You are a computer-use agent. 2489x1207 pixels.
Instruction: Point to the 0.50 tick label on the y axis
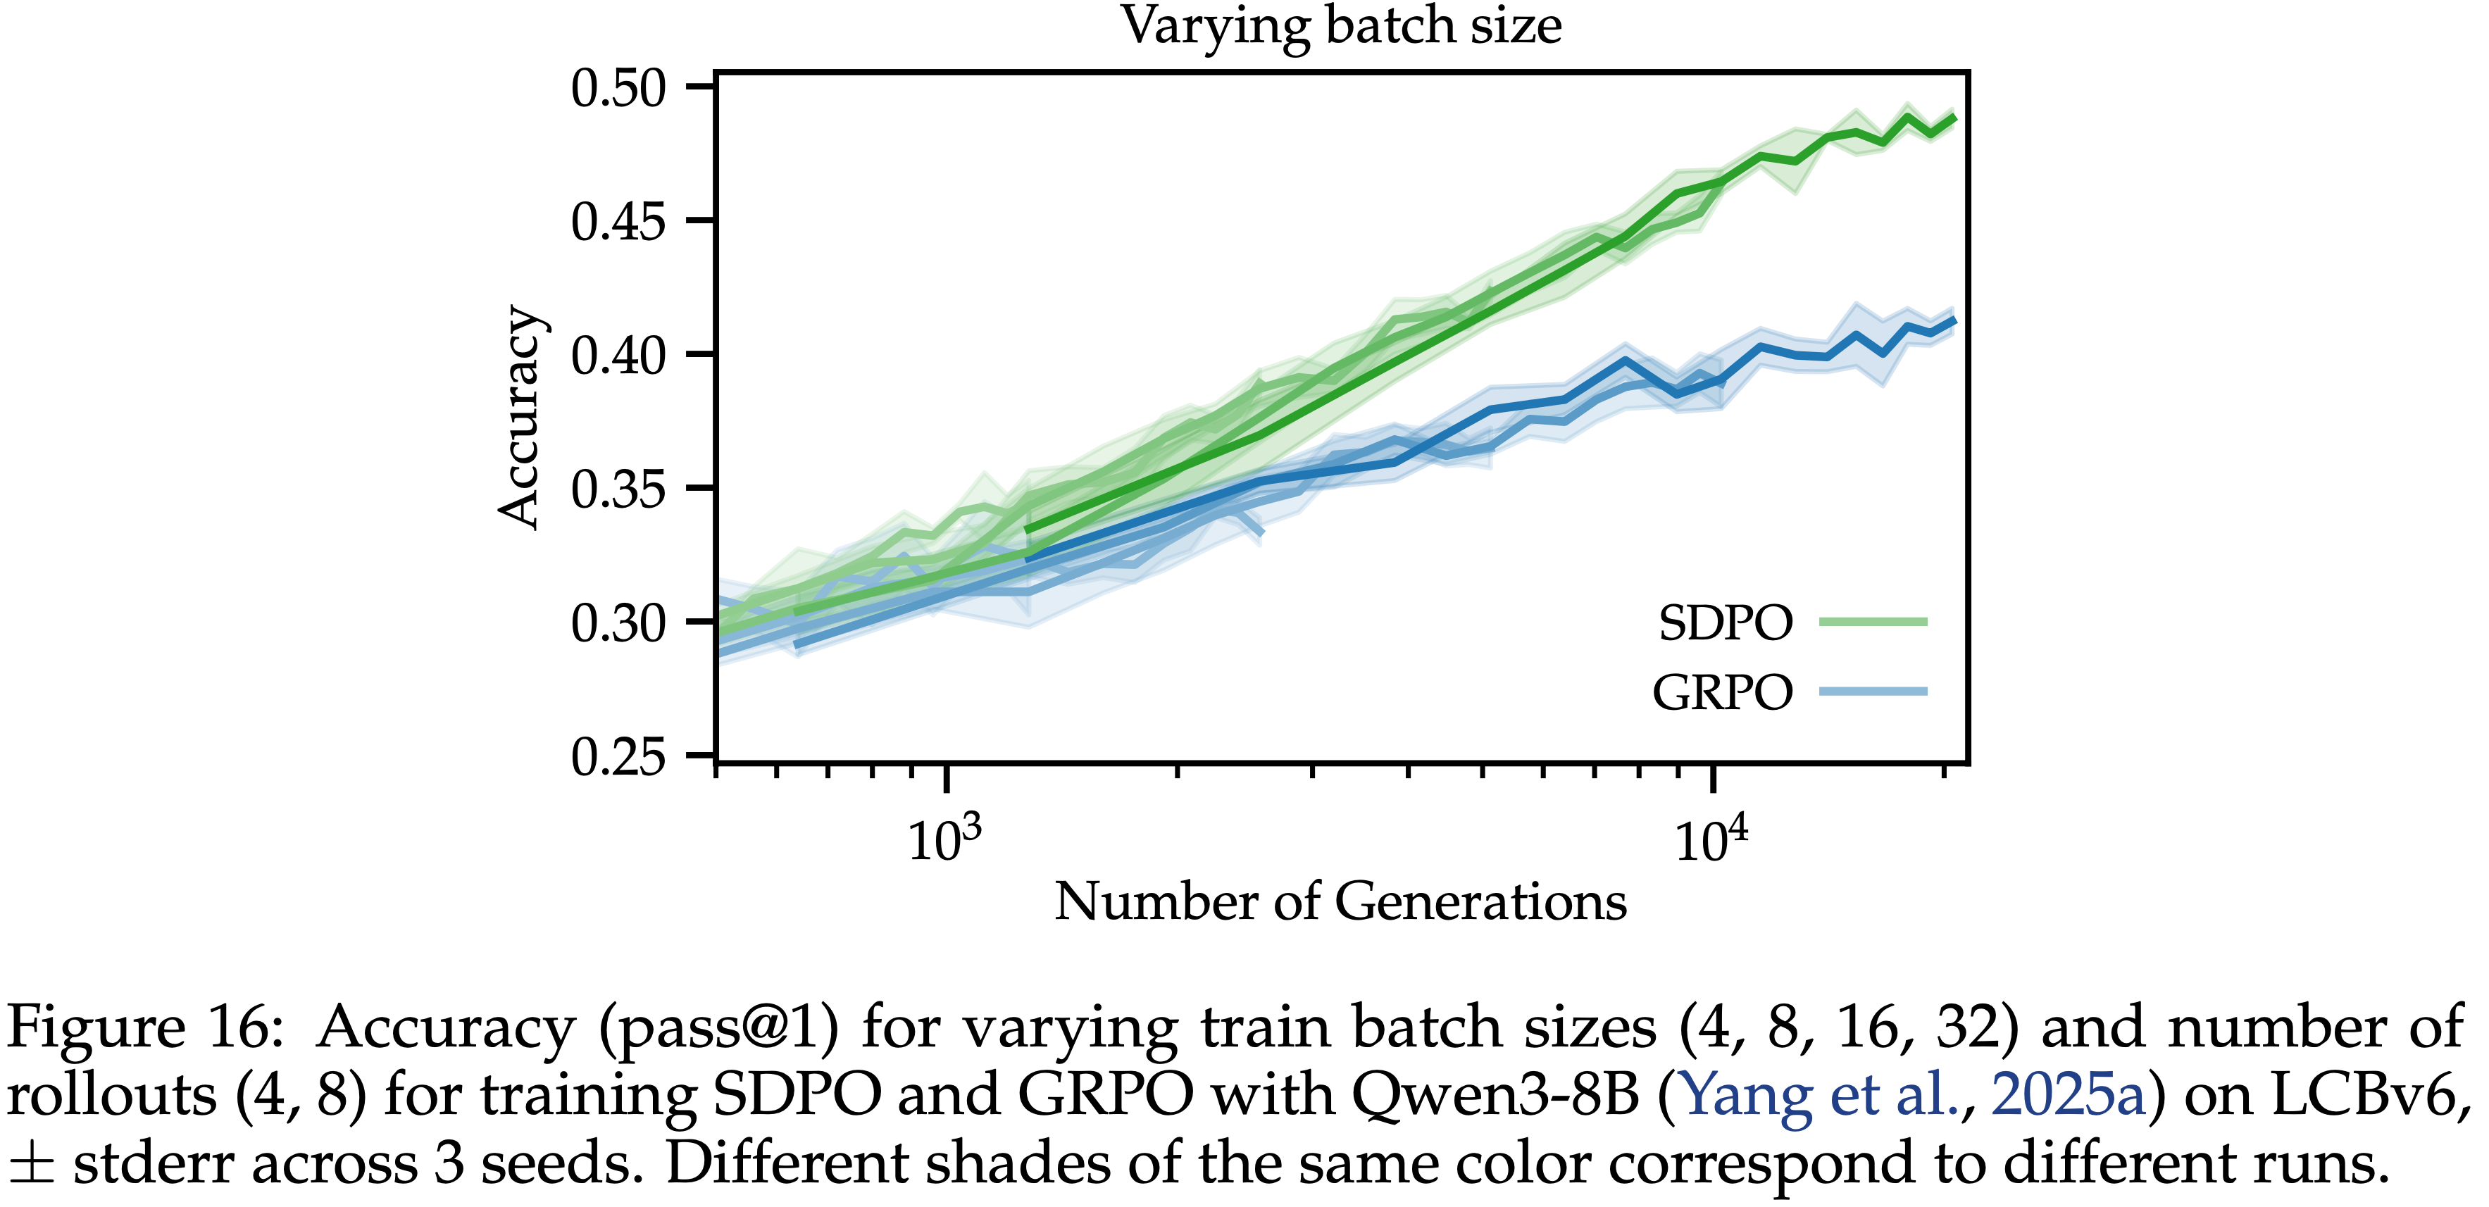(x=618, y=88)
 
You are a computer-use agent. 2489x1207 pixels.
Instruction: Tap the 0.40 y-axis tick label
(x=618, y=355)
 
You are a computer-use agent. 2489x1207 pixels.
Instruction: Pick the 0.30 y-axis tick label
(x=618, y=623)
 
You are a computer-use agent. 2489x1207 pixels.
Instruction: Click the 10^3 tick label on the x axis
(x=944, y=838)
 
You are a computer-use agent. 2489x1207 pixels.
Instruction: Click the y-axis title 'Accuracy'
(x=520, y=418)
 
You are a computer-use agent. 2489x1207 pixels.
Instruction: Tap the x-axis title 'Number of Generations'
(x=1340, y=901)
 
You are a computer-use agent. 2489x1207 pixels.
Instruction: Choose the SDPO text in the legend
(x=1726, y=623)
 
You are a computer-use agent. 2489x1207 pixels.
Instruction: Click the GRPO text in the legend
(x=1722, y=692)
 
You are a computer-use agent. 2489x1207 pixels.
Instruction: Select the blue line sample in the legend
(x=1873, y=691)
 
